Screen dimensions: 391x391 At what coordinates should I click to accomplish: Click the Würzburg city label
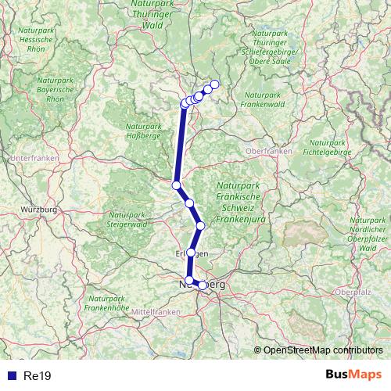pos(40,210)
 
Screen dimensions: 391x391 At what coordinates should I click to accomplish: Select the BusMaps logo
pos(353,375)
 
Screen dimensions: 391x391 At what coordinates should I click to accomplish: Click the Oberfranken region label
pos(268,149)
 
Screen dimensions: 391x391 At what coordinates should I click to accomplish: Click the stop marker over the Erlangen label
pos(190,253)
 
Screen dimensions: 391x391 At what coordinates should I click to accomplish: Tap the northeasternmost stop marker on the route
pos(215,84)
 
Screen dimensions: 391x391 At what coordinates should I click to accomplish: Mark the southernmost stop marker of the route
pos(203,285)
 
